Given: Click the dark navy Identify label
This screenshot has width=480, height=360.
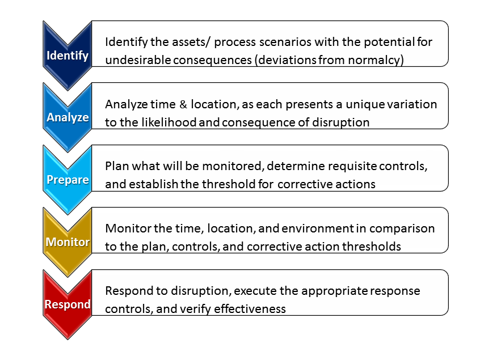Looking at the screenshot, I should pos(68,56).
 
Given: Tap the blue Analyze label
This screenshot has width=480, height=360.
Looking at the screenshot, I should pos(68,118).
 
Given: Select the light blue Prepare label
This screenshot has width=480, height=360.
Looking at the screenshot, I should pos(68,180).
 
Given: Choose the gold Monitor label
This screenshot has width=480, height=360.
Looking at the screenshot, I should pos(68,242).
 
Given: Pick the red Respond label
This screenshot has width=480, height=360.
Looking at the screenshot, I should pos(68,304).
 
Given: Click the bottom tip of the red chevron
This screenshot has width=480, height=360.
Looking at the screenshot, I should pos(68,338).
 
